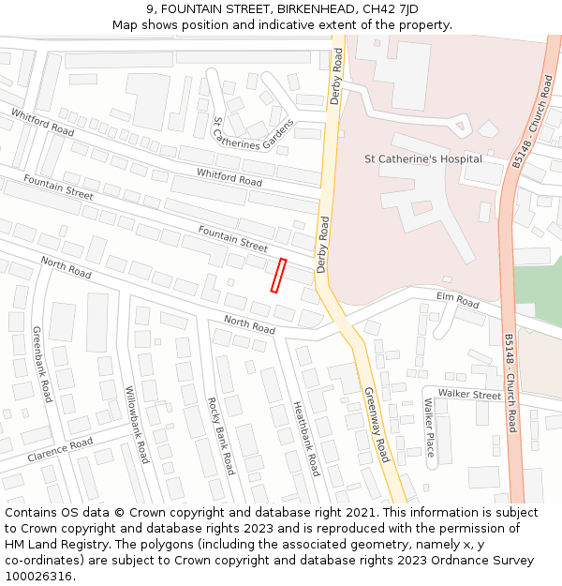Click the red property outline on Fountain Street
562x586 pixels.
tap(278, 276)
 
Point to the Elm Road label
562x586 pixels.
tap(457, 300)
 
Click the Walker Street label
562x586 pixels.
tap(469, 395)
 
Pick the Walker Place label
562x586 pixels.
tap(429, 427)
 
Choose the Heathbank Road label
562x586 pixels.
tap(306, 439)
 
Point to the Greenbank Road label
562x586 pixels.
tap(42, 365)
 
